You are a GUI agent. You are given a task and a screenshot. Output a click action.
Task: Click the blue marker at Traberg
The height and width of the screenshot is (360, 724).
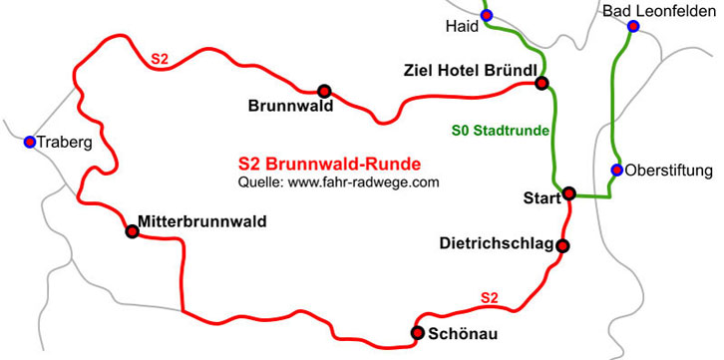pyautogui.click(x=30, y=143)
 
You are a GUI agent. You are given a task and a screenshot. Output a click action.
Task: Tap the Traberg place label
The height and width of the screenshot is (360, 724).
pyautogui.click(x=65, y=143)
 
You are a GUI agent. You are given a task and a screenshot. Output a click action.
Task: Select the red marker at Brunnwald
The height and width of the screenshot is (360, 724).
pyautogui.click(x=323, y=90)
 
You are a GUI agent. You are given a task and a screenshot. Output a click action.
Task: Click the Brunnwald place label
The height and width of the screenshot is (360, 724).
pyautogui.click(x=290, y=106)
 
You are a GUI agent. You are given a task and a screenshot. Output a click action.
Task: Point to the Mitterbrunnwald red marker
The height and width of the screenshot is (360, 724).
pyautogui.click(x=132, y=231)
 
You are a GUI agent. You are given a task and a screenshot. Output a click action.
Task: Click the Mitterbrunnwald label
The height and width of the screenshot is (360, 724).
pyautogui.click(x=202, y=221)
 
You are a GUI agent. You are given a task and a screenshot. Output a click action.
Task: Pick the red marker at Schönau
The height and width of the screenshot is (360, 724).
pyautogui.click(x=418, y=332)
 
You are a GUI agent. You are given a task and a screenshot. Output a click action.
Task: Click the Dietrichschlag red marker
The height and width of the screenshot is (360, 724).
pyautogui.click(x=562, y=245)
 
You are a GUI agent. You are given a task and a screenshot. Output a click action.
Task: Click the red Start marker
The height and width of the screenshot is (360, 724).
pyautogui.click(x=568, y=192)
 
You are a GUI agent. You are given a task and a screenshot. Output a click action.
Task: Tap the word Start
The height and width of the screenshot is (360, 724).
pyautogui.click(x=542, y=199)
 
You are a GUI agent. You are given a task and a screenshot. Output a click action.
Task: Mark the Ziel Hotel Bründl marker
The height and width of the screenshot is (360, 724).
pyautogui.click(x=542, y=83)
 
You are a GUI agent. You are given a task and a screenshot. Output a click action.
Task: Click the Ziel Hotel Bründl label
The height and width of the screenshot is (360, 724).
pyautogui.click(x=470, y=71)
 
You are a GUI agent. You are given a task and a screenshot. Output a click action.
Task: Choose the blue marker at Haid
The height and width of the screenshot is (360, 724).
pyautogui.click(x=487, y=16)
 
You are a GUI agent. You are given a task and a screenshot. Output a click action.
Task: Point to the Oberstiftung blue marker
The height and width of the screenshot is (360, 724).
pyautogui.click(x=617, y=170)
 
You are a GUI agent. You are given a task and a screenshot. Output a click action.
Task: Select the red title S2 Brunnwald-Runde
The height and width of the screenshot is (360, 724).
pyautogui.click(x=329, y=165)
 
